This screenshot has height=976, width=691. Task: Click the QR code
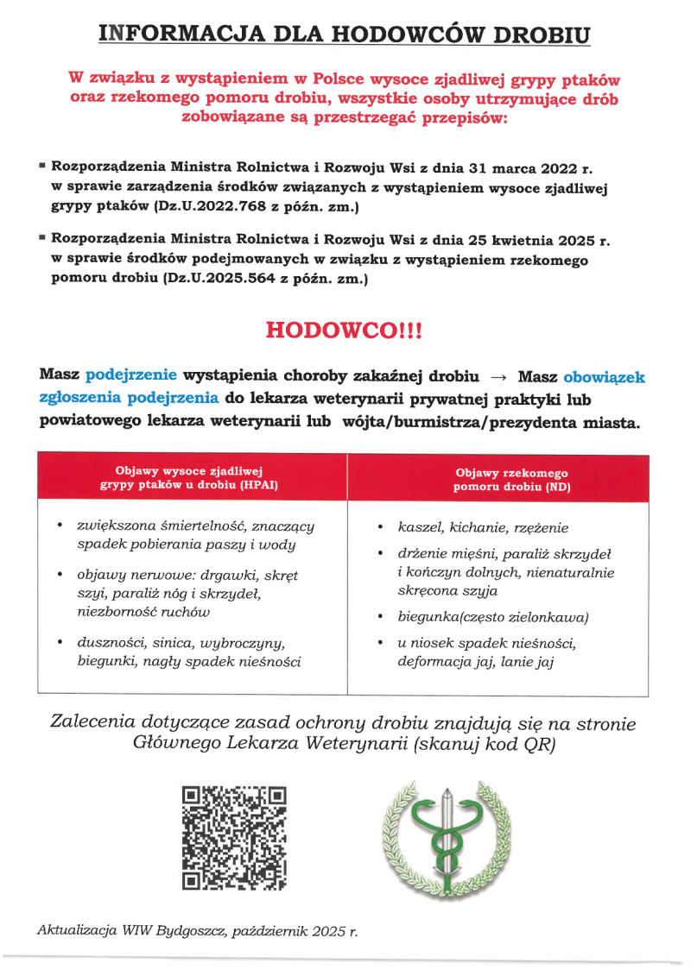point(234,838)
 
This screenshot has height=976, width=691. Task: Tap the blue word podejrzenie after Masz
point(131,375)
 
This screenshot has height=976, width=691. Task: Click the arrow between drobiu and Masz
point(498,377)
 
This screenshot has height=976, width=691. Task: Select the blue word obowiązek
point(604,376)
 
